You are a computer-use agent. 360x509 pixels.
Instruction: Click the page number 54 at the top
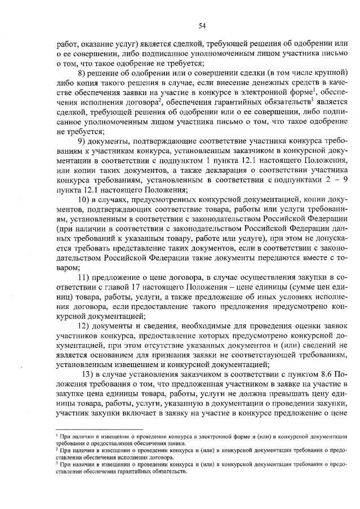pos(202,25)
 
